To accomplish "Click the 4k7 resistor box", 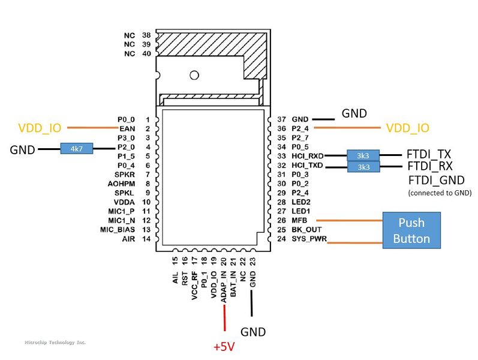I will (76, 148).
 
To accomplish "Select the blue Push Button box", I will (411, 230).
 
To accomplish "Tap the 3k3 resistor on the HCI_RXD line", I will (363, 156).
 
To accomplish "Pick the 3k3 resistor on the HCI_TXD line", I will (363, 167).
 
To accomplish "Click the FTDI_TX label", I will (429, 154).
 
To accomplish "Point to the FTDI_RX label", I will (429, 166).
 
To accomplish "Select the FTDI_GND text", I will (435, 181).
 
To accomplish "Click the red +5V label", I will (225, 347).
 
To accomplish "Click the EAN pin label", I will (127, 128).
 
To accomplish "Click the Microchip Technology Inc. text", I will (55, 342).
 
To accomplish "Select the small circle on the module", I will (194, 76).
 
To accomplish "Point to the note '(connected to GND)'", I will (440, 193).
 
